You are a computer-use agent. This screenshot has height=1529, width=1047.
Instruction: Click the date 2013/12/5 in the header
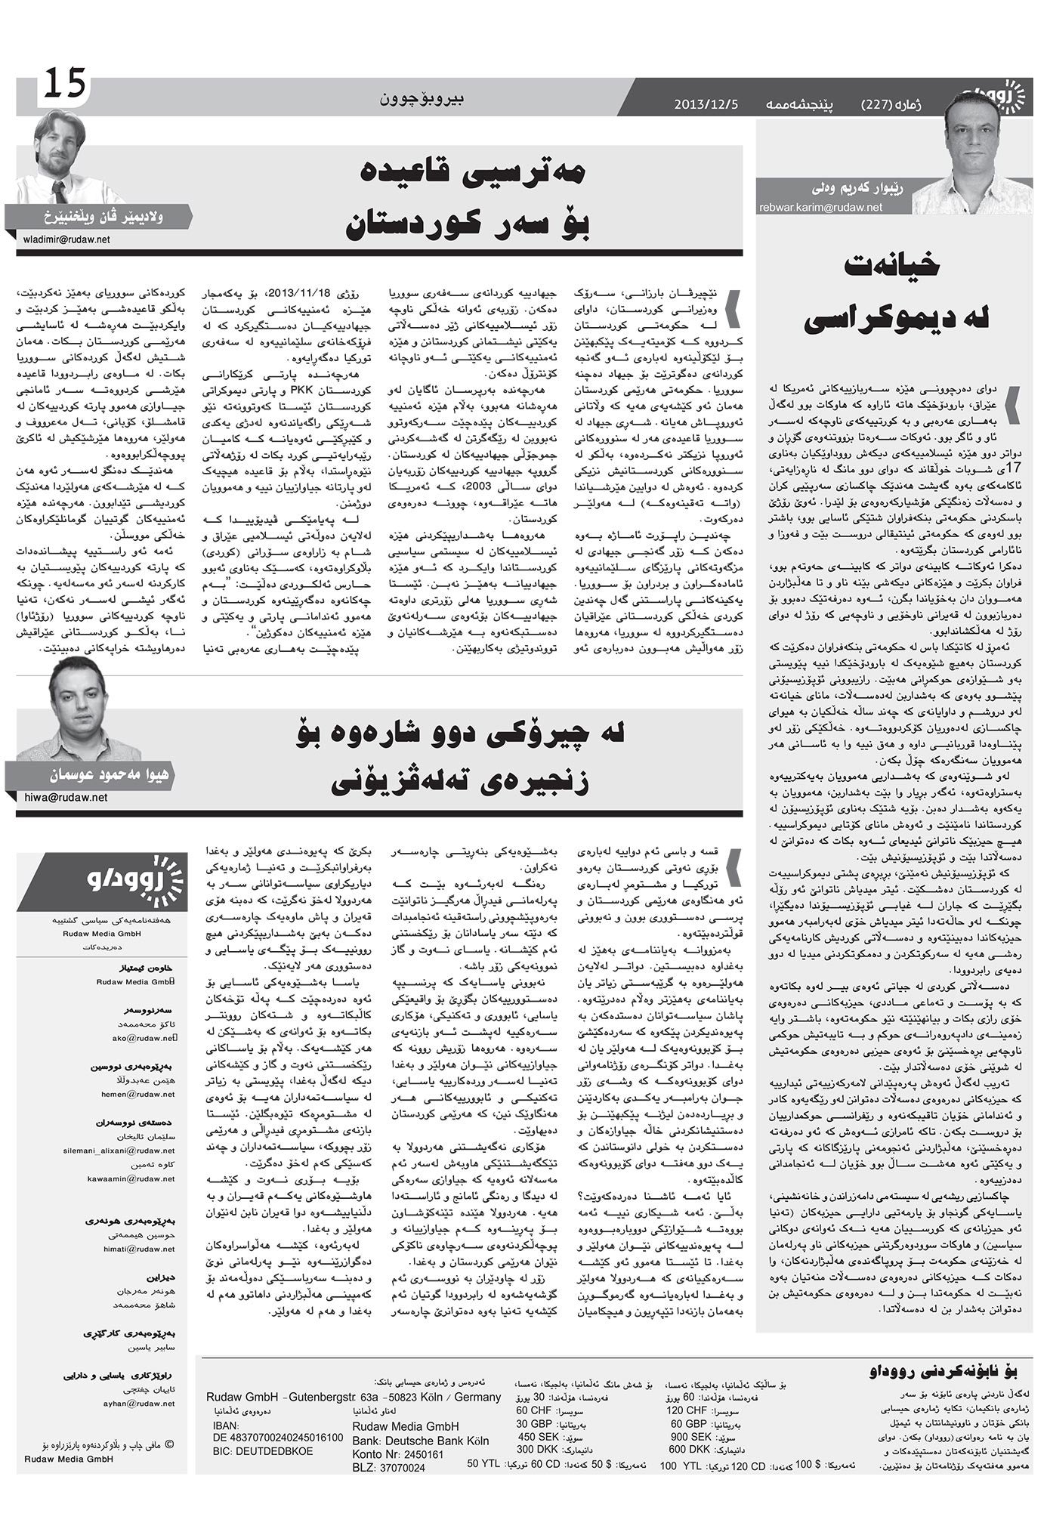point(706,104)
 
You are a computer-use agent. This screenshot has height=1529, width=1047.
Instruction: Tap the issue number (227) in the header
point(885,104)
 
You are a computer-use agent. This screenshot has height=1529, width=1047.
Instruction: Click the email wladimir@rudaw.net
point(66,239)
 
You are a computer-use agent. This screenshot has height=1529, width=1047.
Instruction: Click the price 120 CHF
point(687,1410)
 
